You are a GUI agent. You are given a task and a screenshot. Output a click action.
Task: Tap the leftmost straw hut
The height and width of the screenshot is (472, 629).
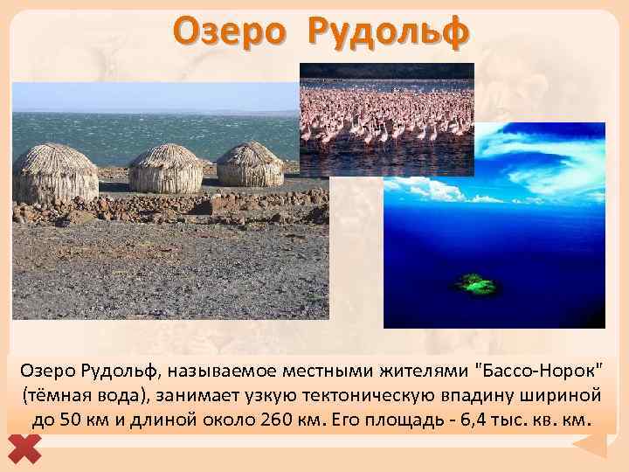coord(55,174)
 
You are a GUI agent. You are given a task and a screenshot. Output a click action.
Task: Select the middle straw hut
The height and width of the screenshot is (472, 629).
coord(166,169)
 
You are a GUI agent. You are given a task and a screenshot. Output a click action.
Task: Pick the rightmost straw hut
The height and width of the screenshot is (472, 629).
coord(250,164)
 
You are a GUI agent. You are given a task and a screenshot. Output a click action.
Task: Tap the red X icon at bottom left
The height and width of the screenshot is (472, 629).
coord(30,448)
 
